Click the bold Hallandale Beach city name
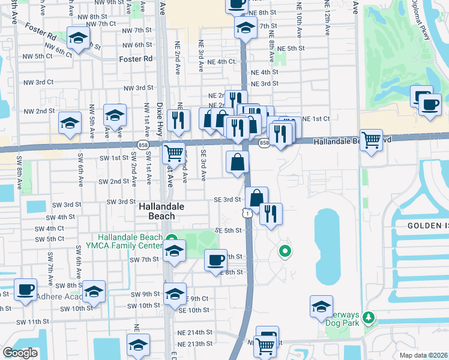click(157, 211)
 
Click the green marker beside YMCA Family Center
click(171, 238)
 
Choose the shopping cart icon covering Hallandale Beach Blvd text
click(372, 140)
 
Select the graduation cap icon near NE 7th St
click(245, 28)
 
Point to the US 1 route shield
click(246, 212)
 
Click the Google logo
click(20, 353)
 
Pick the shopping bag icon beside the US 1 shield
click(256, 197)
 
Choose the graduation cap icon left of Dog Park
click(321, 306)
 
